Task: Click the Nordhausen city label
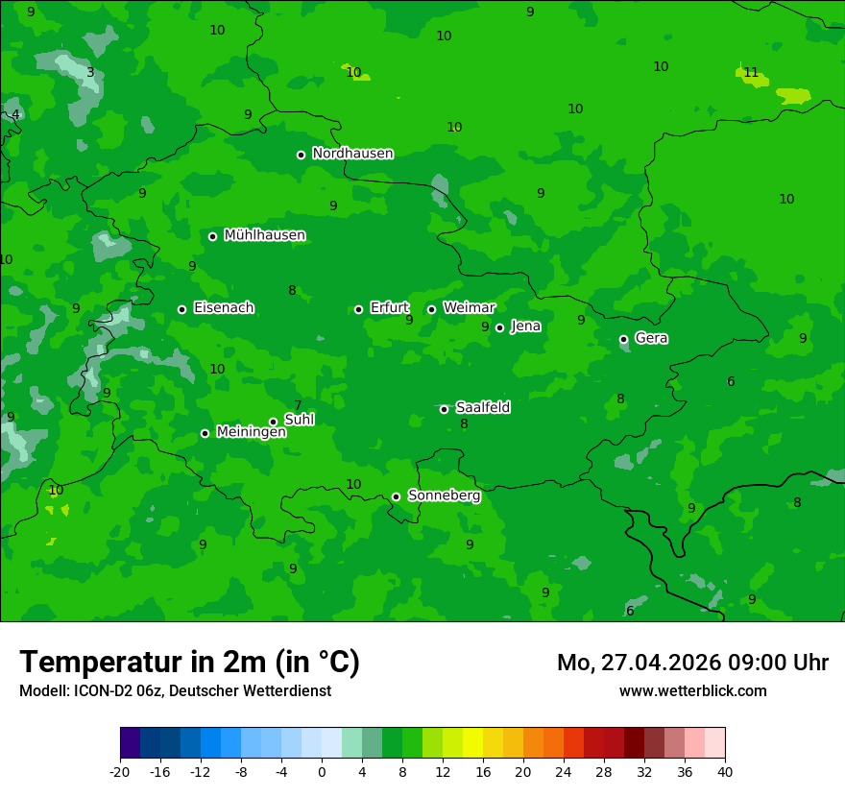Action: click(x=352, y=154)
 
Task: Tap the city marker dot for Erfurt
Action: click(x=359, y=309)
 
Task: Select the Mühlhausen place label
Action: click(x=264, y=235)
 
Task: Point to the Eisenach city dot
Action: click(x=182, y=309)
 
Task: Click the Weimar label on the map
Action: click(x=469, y=308)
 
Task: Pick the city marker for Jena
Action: click(x=499, y=327)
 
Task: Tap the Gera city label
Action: click(x=651, y=338)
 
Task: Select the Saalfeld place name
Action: click(x=482, y=407)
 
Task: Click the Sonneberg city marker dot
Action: click(x=396, y=496)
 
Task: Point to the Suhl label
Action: click(x=299, y=420)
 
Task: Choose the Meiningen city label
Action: click(x=251, y=432)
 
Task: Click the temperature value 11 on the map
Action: click(x=751, y=73)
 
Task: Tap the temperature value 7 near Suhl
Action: click(x=298, y=405)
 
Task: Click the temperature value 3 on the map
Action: click(x=90, y=72)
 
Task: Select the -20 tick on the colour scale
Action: click(x=120, y=771)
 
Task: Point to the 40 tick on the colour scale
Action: click(x=725, y=771)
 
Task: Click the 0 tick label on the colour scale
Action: click(x=322, y=771)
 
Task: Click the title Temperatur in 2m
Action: click(x=189, y=663)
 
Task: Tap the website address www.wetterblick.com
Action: click(x=692, y=691)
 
